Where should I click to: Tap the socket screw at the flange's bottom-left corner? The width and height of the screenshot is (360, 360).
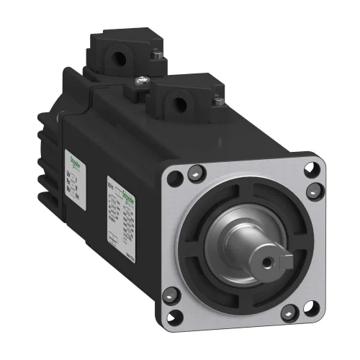(x=171, y=292)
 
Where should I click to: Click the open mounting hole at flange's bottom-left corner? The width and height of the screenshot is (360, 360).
(x=180, y=312)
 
